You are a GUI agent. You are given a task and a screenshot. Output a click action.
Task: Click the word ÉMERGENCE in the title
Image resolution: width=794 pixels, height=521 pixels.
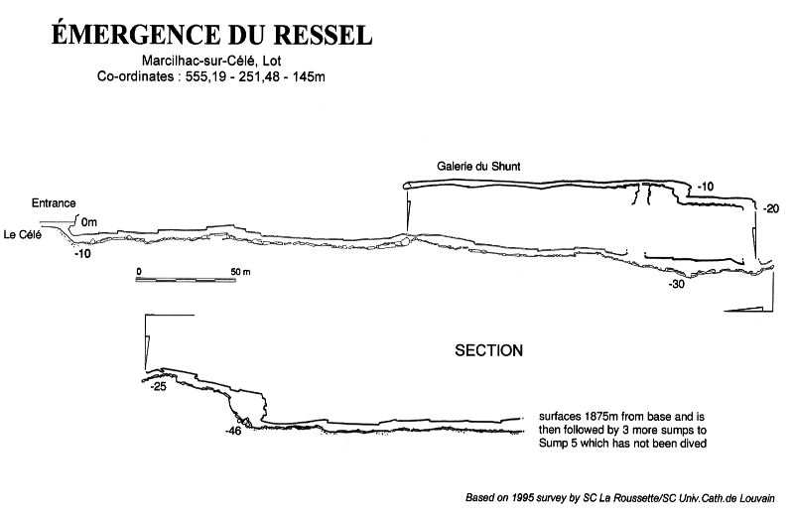(x=135, y=35)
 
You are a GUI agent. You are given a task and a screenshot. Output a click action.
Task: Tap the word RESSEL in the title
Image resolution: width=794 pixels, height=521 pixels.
(x=324, y=35)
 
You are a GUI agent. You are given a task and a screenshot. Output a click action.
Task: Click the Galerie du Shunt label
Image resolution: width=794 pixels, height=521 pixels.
(x=478, y=167)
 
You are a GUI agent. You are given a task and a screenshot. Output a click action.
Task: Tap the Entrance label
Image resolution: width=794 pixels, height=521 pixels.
(x=54, y=203)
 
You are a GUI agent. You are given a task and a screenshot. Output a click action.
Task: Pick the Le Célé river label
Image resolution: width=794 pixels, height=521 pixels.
(x=22, y=234)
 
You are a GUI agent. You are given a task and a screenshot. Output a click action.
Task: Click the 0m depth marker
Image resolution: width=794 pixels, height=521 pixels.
(x=88, y=221)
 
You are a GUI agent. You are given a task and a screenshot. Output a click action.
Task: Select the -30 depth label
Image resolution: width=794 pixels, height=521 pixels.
(x=677, y=284)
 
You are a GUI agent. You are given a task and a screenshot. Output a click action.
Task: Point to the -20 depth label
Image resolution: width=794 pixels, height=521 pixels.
(x=771, y=208)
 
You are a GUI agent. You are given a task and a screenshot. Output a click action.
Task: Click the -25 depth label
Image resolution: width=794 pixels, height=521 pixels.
(x=158, y=386)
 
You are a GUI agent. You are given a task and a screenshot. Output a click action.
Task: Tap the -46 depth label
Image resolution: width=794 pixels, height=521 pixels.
(x=233, y=431)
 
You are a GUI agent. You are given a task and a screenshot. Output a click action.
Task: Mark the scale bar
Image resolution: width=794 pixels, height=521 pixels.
(x=186, y=280)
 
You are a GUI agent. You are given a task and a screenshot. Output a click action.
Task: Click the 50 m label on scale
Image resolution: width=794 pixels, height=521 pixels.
(x=240, y=272)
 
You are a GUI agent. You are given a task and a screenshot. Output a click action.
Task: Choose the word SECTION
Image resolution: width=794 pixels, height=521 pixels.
(x=488, y=350)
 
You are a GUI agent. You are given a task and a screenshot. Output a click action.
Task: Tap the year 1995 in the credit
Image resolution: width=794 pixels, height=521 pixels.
(x=523, y=498)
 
